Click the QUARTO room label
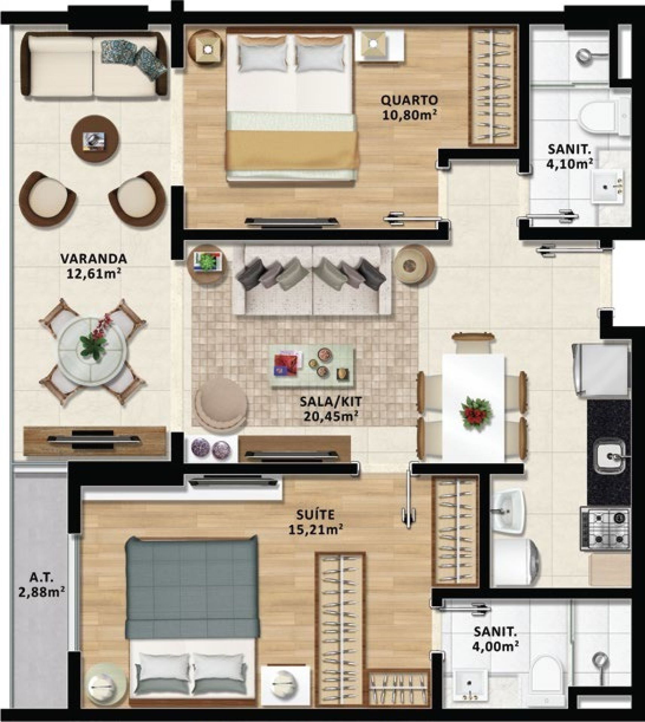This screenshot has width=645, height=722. pos(409,100)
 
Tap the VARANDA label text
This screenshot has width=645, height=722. pos(94,259)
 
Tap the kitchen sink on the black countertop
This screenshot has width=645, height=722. pos(609,457)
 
